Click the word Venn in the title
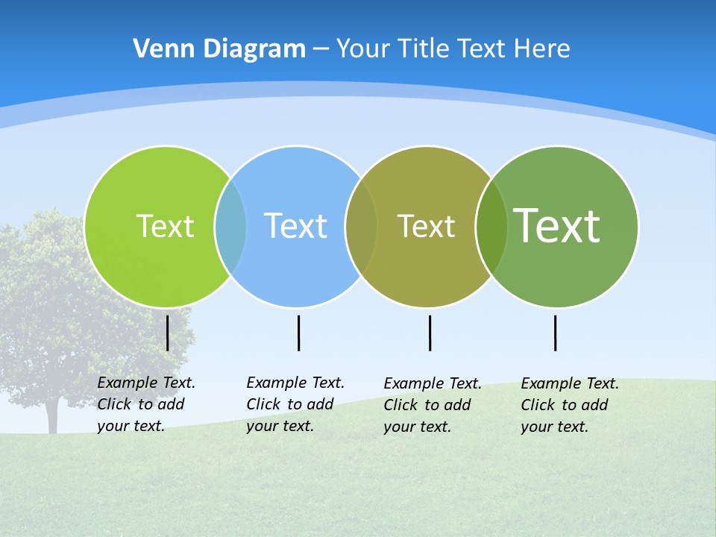pos(158,49)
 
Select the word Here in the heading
pos(542,49)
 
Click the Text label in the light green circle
pos(165,226)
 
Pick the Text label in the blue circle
pos(295,226)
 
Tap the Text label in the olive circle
pos(426,226)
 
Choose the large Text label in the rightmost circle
pos(557,225)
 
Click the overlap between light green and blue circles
pos(230,226)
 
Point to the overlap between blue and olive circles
pos(361,226)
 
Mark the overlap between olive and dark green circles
pos(492,226)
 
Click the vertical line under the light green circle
pos(167,333)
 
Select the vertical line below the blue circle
pos(298,333)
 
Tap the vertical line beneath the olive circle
pos(430,333)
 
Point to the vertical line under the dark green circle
pos(555,333)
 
